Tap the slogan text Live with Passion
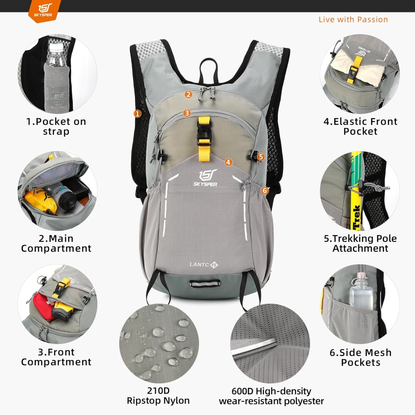[353, 20]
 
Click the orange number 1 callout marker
[138, 114]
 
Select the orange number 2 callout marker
[188, 94]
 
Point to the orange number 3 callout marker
[187, 113]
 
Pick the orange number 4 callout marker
[228, 162]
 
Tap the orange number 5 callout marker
[261, 157]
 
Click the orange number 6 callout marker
[265, 190]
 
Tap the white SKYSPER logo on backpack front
[205, 179]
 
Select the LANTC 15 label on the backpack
[204, 265]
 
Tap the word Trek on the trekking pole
[356, 217]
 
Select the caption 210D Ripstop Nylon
[158, 395]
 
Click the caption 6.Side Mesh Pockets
[360, 357]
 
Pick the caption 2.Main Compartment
[56, 243]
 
